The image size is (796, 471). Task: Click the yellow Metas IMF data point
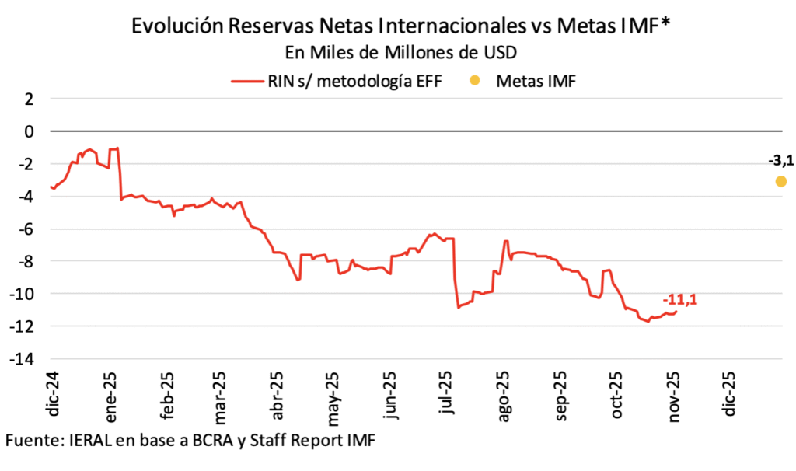[x=780, y=181]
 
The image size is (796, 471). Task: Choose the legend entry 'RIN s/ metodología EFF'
[x=354, y=80]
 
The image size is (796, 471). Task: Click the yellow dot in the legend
[x=476, y=80]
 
